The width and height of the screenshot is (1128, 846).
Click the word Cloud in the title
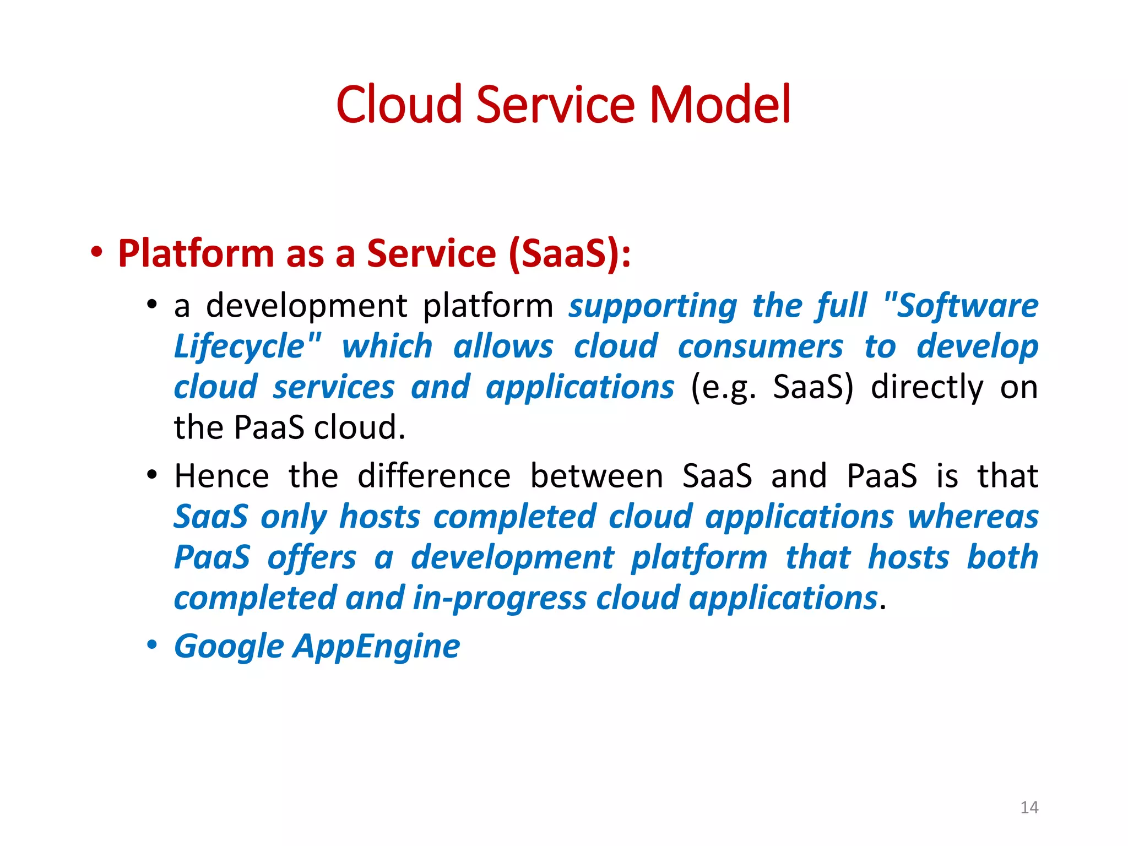click(399, 105)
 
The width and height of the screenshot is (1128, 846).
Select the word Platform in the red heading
click(196, 254)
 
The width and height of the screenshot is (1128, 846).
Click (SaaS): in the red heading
click(570, 254)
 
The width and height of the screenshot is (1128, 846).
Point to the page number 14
click(1029, 807)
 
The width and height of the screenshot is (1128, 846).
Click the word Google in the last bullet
click(229, 647)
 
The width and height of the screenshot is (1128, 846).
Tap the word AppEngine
click(377, 647)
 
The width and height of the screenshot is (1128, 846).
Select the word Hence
click(221, 476)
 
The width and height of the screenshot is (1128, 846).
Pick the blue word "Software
click(960, 306)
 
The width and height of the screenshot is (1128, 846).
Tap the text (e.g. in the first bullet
click(723, 388)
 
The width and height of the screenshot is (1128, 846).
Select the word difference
click(434, 476)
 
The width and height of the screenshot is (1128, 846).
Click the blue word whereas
click(973, 518)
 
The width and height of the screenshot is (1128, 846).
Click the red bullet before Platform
click(97, 253)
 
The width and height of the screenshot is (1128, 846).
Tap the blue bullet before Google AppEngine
click(152, 645)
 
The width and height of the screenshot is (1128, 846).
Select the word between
click(596, 476)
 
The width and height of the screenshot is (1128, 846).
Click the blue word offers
click(312, 558)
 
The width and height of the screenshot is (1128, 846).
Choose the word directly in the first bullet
click(926, 388)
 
